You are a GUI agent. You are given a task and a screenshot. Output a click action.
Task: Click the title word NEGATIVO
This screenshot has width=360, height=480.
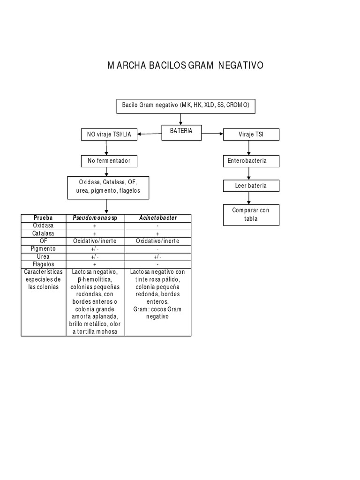click(x=240, y=65)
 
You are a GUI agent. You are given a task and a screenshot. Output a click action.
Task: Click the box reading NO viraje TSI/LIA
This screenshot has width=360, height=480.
click(x=109, y=135)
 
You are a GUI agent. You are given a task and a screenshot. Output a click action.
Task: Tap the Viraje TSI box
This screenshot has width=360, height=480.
click(x=251, y=135)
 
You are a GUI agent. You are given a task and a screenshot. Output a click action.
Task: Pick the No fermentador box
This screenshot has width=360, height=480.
click(x=109, y=161)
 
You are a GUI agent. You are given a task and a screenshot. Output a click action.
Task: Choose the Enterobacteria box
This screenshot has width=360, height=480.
click(x=251, y=161)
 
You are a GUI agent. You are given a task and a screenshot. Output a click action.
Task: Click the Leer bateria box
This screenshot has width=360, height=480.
click(x=251, y=186)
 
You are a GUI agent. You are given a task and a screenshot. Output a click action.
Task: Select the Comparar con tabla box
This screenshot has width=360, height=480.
click(x=251, y=215)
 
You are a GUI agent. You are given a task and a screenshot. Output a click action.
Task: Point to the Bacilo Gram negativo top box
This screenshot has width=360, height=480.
click(x=186, y=106)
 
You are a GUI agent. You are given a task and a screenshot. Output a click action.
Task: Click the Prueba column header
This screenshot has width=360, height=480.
click(x=44, y=218)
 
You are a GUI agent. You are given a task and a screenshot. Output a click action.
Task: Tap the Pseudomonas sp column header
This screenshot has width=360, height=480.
click(x=95, y=218)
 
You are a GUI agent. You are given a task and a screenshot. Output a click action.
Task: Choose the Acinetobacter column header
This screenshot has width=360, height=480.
click(x=157, y=218)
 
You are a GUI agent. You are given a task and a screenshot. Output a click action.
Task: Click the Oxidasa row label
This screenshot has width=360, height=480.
click(x=44, y=225)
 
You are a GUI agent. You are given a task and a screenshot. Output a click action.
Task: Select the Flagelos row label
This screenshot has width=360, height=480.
click(x=44, y=264)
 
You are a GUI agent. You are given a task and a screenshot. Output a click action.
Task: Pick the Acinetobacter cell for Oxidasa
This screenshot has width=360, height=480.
click(x=157, y=225)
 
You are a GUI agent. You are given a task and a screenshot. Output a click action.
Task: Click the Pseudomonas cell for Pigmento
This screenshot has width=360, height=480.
click(x=95, y=249)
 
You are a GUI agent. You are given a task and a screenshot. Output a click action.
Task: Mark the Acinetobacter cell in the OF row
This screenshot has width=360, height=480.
click(x=157, y=241)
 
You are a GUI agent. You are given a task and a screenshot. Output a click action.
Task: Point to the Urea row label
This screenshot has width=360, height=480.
click(x=44, y=257)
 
